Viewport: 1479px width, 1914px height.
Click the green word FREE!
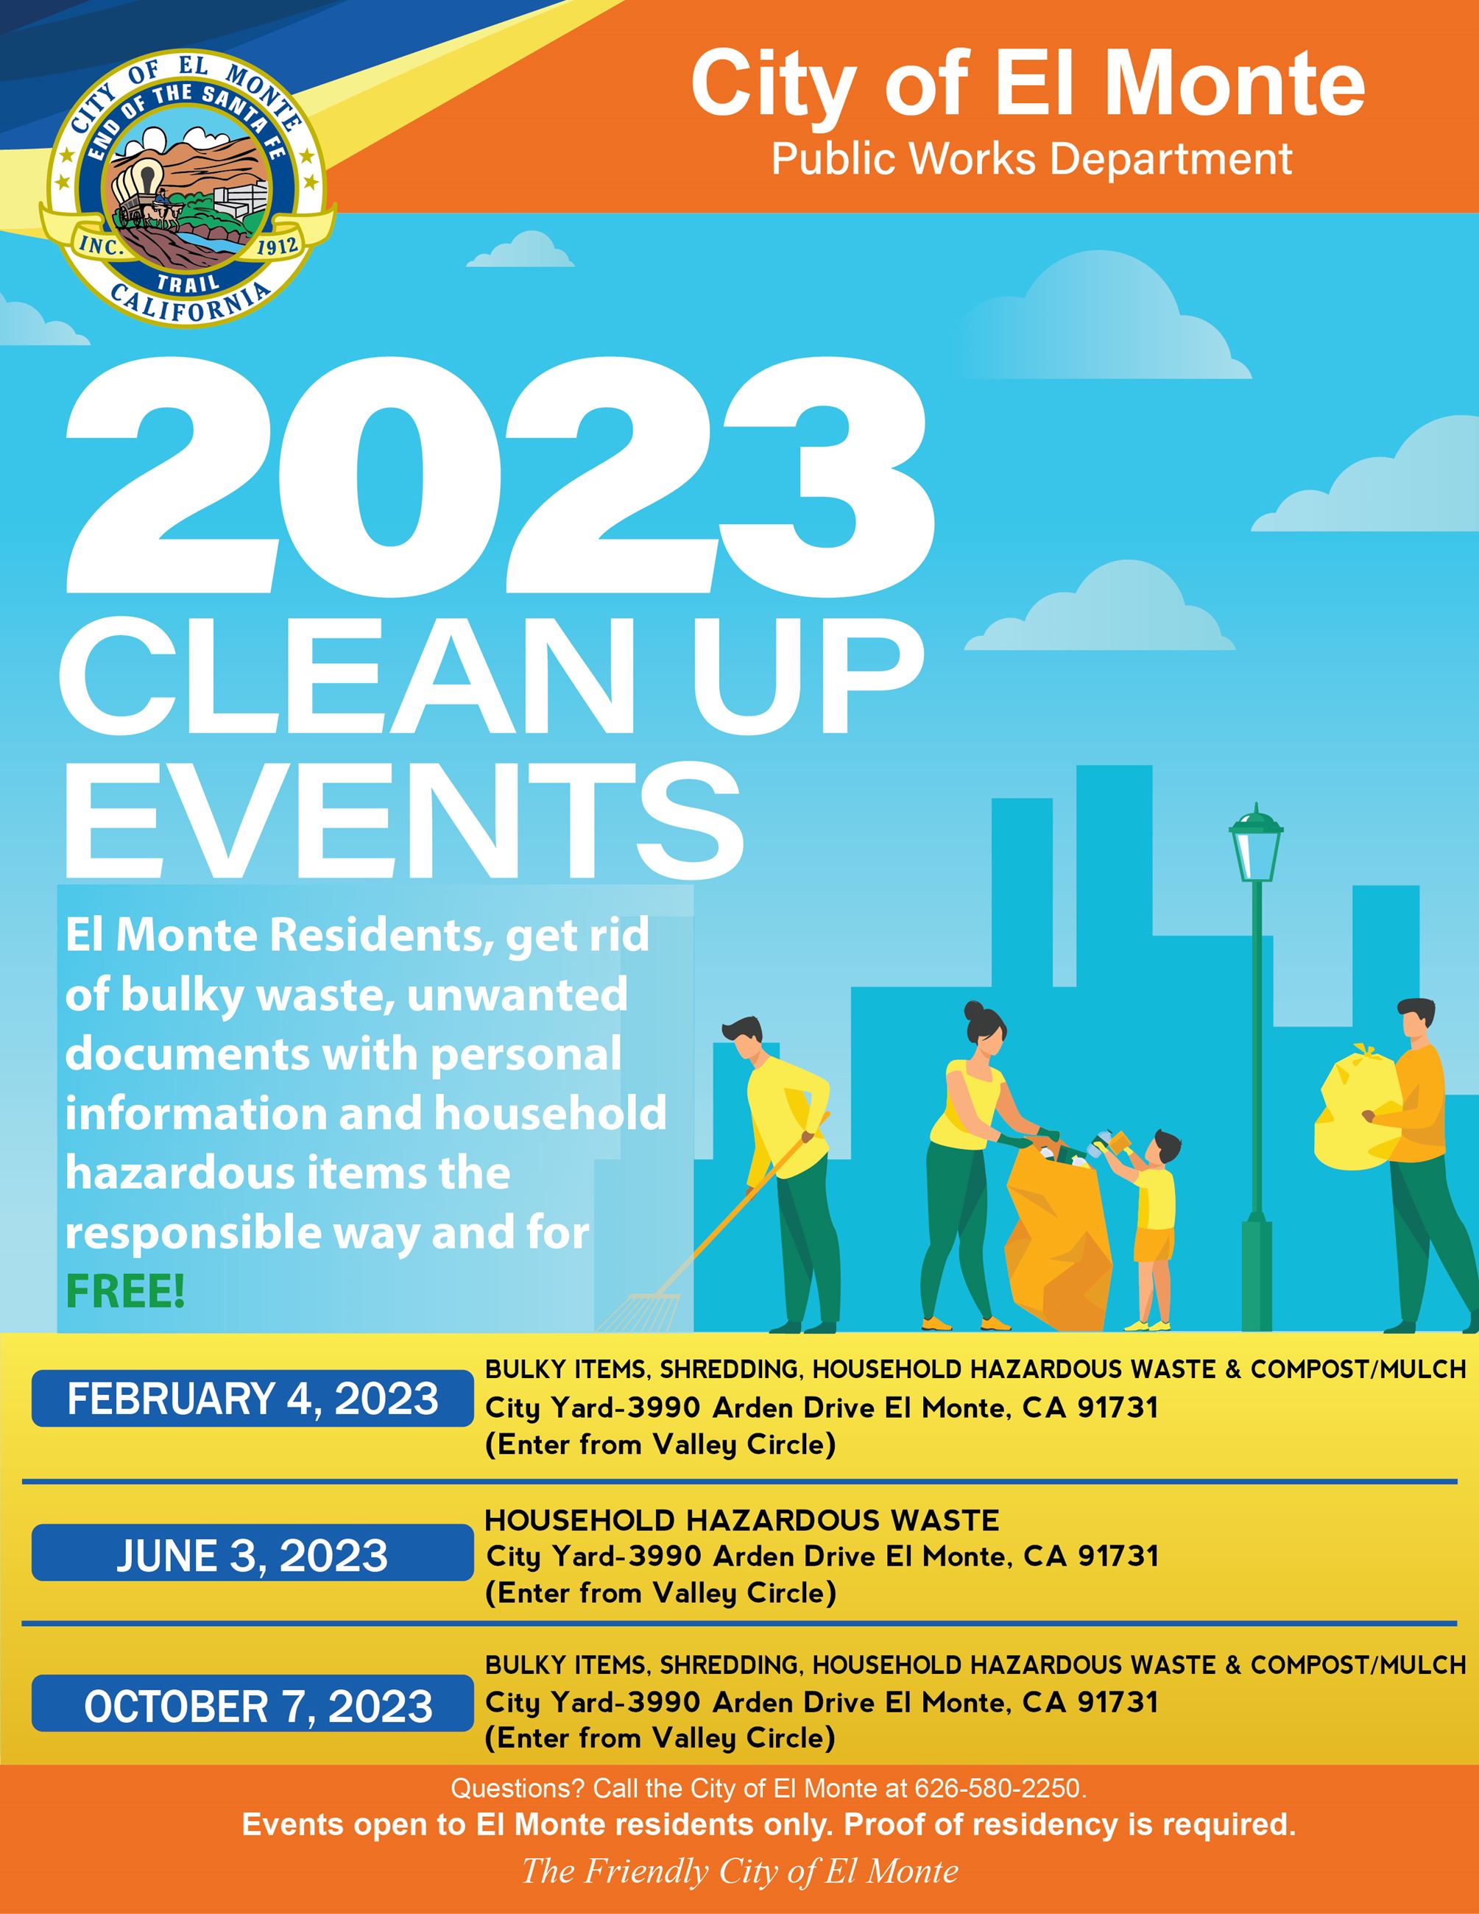coord(125,1293)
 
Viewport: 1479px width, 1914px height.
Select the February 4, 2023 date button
coord(253,1398)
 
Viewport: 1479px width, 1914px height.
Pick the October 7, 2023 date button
coord(253,1706)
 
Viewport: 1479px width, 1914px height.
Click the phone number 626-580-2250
coord(999,1788)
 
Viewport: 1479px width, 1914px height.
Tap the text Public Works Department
coord(1031,160)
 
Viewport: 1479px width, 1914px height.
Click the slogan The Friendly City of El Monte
coord(739,1871)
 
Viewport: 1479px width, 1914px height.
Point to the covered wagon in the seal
coord(138,187)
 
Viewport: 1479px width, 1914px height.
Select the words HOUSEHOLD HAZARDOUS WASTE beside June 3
coord(741,1519)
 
